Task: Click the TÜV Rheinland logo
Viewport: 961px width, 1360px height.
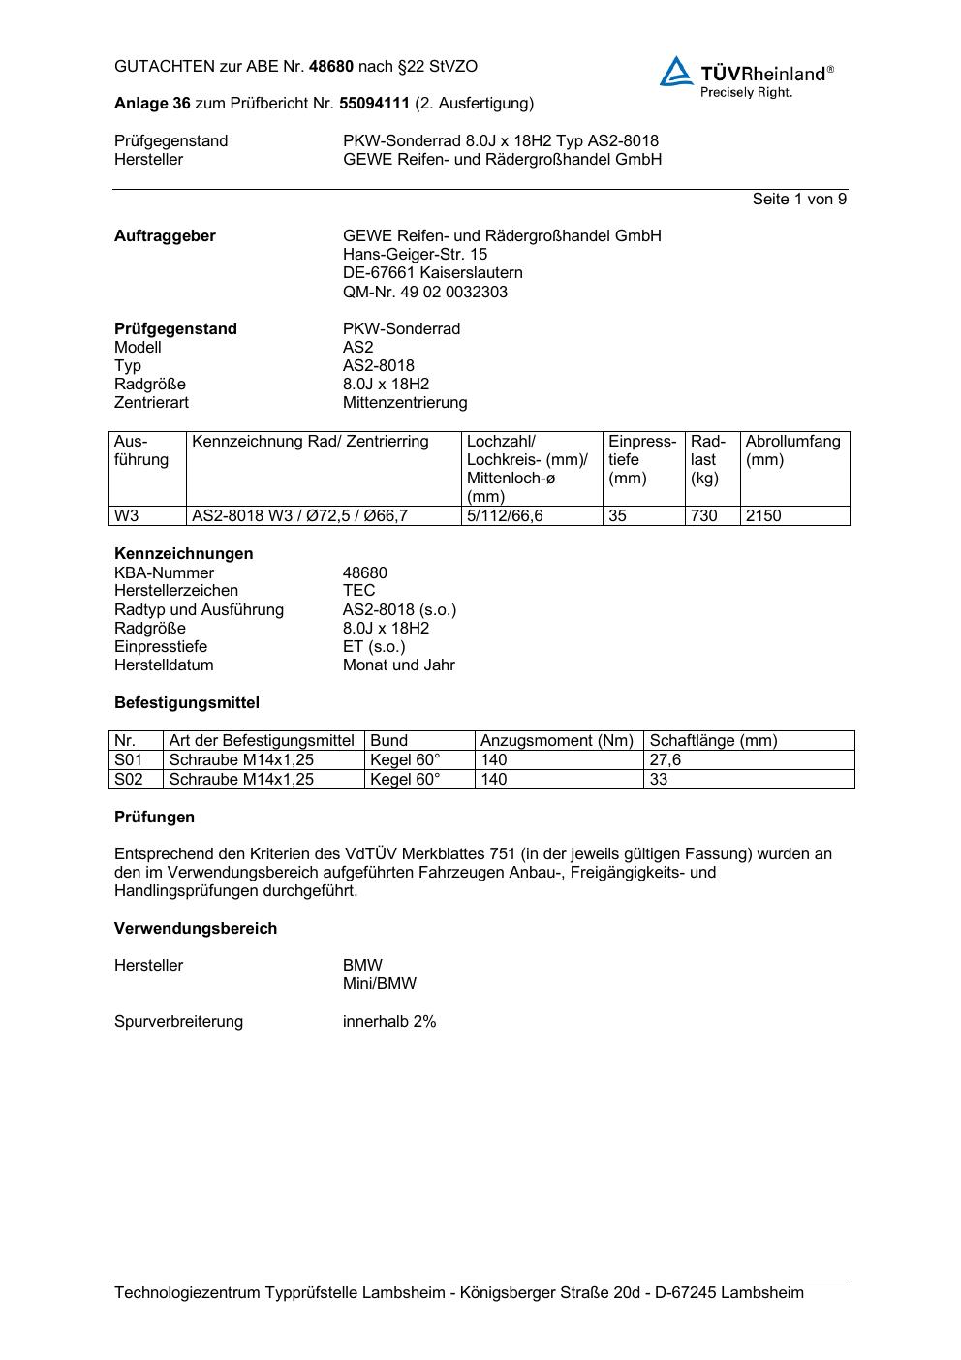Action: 746,76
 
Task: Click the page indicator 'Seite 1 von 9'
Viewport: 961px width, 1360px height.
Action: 799,200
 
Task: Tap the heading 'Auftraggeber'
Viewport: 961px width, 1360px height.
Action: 165,236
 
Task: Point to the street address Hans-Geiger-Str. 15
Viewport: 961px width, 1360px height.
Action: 415,255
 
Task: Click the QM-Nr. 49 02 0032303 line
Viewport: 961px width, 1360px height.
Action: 424,293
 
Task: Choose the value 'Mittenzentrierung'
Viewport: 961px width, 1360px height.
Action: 404,403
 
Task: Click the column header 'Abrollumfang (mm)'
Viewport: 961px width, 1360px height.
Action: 792,451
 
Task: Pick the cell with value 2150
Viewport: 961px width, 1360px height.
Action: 763,516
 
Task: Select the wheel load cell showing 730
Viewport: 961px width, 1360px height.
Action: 704,516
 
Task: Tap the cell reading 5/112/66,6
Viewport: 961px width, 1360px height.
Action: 505,516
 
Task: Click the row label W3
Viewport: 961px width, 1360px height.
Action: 127,516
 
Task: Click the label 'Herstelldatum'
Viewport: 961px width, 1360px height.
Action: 164,665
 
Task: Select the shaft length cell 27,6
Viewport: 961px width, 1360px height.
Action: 666,760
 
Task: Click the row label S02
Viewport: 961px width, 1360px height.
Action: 129,780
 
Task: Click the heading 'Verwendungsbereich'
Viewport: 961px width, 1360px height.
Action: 196,929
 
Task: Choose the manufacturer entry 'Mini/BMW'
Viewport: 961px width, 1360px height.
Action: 380,984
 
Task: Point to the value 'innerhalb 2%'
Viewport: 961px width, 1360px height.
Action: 389,1022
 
